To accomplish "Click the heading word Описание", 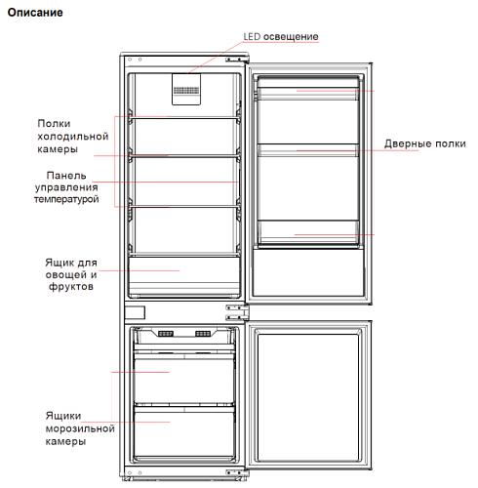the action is pos(35,13).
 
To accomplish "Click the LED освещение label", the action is pos(281,36).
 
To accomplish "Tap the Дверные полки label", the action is pos(425,143).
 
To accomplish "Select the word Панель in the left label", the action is pos(66,176).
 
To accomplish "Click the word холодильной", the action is pos(73,137).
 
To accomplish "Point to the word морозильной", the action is pos(80,428).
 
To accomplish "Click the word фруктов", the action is pos(71,287).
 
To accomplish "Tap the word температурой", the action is pos(66,199).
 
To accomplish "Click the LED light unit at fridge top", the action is pos(186,89).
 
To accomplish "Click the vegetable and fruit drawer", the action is pos(184,276).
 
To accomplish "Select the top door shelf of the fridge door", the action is pos(308,94).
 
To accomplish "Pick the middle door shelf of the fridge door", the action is pos(308,150).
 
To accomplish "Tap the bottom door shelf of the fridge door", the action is pos(308,232).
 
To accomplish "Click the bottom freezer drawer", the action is pos(184,431).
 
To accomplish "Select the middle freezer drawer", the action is pos(184,379).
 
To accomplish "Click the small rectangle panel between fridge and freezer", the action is pos(135,312).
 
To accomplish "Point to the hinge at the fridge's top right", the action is pos(237,60).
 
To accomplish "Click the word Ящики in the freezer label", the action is pos(63,416).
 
